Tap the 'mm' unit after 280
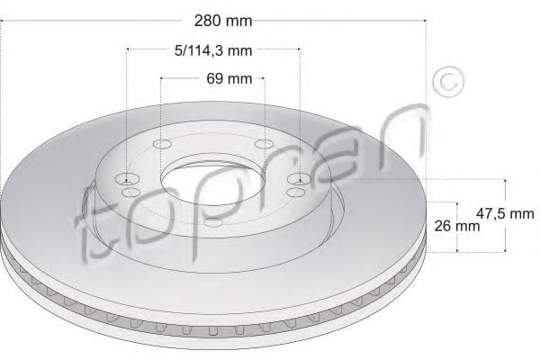(236, 19)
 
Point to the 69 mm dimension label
(212, 78)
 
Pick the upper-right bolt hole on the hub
(263, 144)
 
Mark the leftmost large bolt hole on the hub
(129, 178)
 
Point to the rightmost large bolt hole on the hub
(298, 178)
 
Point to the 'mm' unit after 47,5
(522, 214)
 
